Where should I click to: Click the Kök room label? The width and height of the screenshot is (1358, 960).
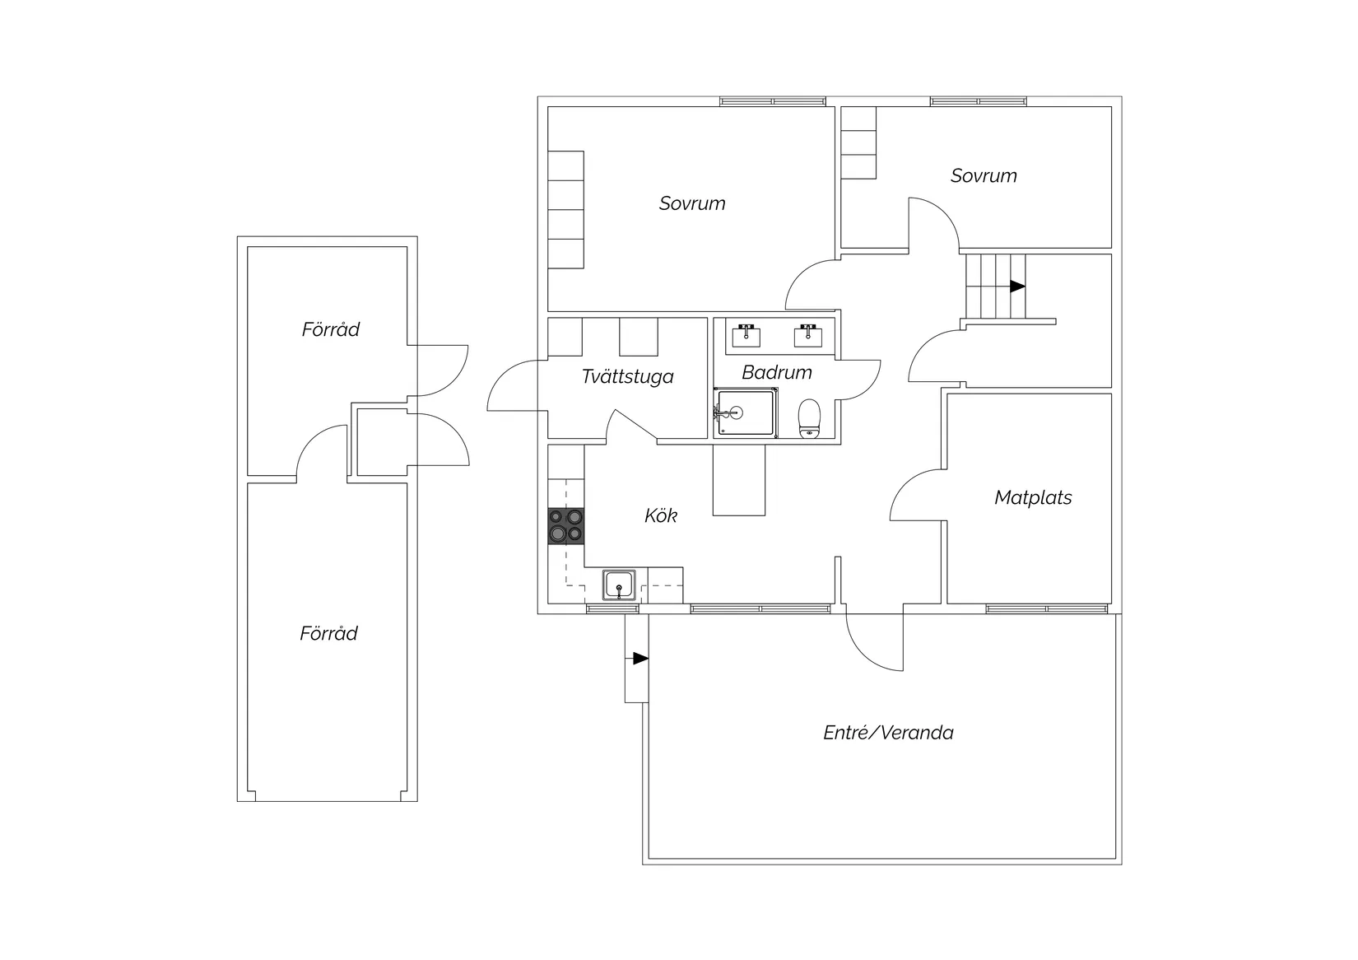[x=661, y=515]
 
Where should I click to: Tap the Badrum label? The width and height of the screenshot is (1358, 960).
[x=777, y=372]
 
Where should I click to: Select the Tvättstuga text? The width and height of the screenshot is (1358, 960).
[x=627, y=376]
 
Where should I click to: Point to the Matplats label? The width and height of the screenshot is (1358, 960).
[x=1033, y=497]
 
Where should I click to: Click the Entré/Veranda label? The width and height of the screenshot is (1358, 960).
[x=888, y=733]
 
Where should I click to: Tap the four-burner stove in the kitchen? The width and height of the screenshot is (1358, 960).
[x=566, y=526]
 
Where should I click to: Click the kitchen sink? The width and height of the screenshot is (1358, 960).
[x=619, y=585]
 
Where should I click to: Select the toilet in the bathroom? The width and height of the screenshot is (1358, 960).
[x=809, y=418]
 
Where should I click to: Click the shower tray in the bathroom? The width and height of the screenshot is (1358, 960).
[x=746, y=413]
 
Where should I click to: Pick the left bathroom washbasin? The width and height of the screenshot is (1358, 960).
[x=746, y=335]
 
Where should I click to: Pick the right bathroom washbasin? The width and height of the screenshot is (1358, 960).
[x=808, y=335]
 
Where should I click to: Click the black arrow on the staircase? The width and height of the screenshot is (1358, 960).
[x=1017, y=287]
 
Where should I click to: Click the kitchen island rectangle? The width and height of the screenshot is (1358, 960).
[x=739, y=480]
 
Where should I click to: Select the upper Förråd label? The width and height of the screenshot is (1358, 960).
[x=330, y=329]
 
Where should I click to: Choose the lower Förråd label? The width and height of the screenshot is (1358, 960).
[x=328, y=634]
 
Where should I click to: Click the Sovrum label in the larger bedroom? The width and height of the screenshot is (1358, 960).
[x=692, y=203]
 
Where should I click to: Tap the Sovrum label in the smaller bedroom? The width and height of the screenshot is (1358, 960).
[x=984, y=176]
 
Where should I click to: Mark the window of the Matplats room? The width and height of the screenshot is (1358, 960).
[x=1047, y=609]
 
